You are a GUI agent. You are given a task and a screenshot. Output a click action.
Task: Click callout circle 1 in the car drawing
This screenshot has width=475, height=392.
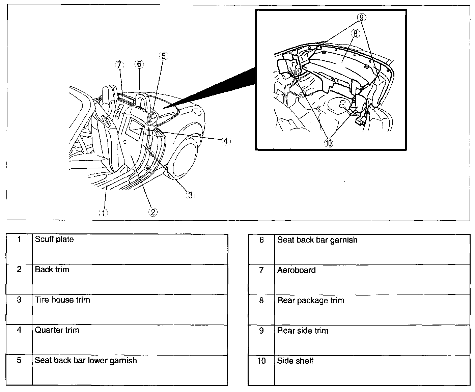pos(103,213)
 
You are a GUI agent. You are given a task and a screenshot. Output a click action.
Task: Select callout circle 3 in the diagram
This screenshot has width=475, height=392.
pos(190,195)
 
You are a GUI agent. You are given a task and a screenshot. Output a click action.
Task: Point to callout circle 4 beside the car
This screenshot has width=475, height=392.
pos(226,141)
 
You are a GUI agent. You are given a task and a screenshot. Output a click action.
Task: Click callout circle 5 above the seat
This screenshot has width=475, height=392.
pos(163,56)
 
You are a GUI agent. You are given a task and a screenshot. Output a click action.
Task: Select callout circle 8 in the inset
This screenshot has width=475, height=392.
pos(355,33)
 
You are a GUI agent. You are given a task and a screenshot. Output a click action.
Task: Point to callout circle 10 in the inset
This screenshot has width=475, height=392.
pos(328,143)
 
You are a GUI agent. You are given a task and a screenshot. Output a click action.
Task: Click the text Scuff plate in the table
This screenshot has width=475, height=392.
pos(54,240)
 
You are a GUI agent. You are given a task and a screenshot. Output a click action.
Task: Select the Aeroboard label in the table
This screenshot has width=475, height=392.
pos(296,270)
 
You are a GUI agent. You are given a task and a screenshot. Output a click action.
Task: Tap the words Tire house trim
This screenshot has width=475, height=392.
pos(62,300)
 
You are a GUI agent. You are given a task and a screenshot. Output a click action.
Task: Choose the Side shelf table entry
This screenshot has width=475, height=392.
pos(295,361)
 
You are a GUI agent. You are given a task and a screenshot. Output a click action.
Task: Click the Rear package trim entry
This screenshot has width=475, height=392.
pos(310,301)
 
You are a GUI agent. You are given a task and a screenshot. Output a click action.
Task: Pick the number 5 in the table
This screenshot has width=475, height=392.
pos(19,360)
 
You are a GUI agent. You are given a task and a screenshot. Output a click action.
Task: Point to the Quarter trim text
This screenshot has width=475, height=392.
pos(57,330)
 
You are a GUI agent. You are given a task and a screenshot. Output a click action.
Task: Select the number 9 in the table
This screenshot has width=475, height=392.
pos(261,331)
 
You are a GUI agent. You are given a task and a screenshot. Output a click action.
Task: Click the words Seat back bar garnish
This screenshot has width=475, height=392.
pos(317,240)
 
